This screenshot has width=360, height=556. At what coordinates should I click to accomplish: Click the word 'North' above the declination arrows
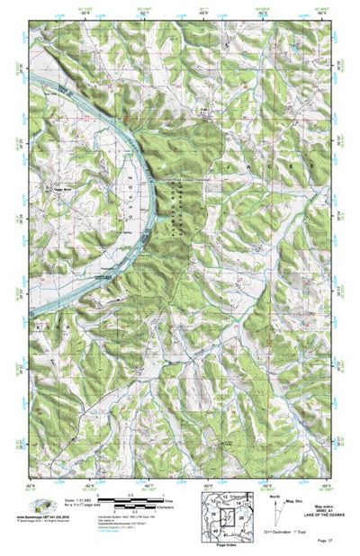(272, 493)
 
